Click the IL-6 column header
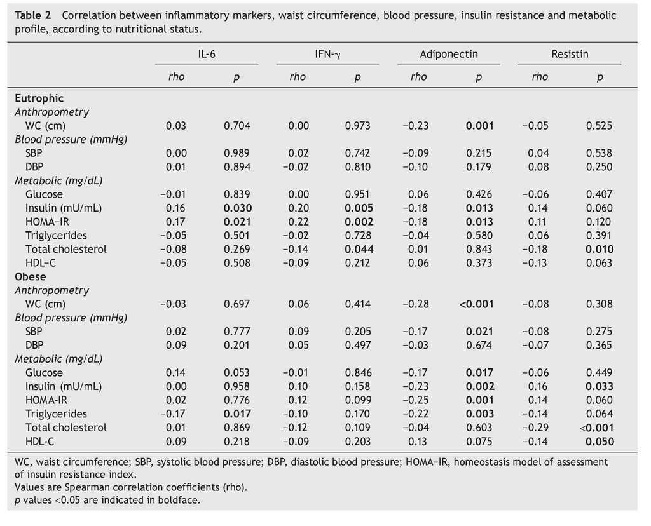point(207,54)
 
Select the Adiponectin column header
point(449,54)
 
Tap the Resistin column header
point(570,54)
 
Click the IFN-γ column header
point(328,54)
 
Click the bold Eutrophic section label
point(39,98)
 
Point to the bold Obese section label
point(31,277)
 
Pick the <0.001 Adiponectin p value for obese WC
point(476,304)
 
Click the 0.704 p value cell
point(237,126)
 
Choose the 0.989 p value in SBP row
point(237,153)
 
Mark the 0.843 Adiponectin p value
point(479,249)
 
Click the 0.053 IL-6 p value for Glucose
point(237,373)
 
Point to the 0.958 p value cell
point(237,386)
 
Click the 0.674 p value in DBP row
point(479,345)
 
